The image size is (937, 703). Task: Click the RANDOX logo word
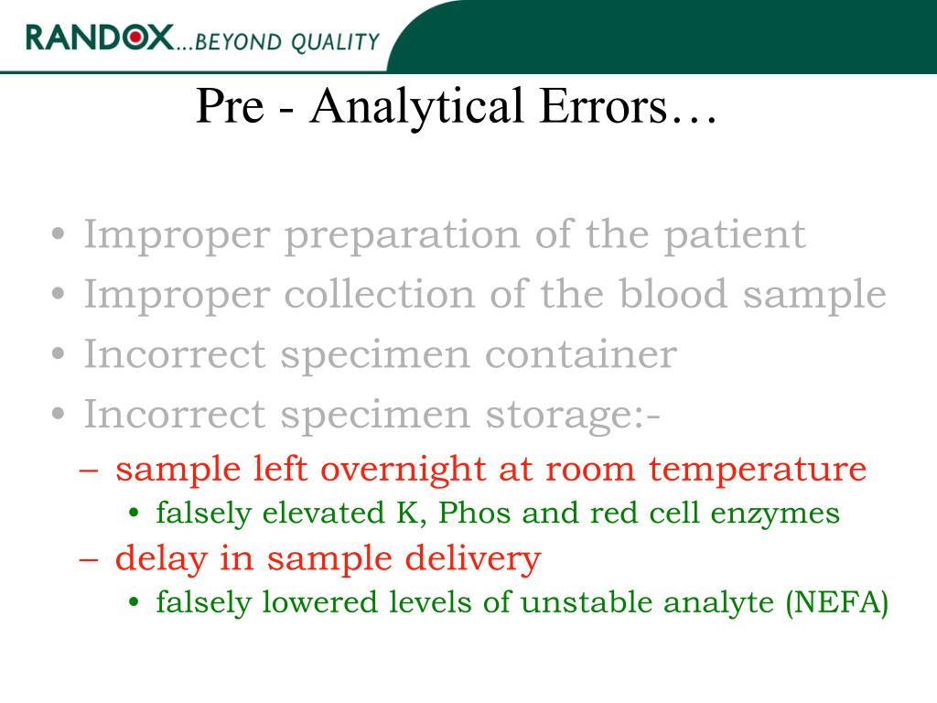99,38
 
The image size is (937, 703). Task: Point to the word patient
734,235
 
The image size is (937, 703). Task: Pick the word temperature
758,470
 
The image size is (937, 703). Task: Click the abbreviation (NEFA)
836,602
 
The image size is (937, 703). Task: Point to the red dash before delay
90,558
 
